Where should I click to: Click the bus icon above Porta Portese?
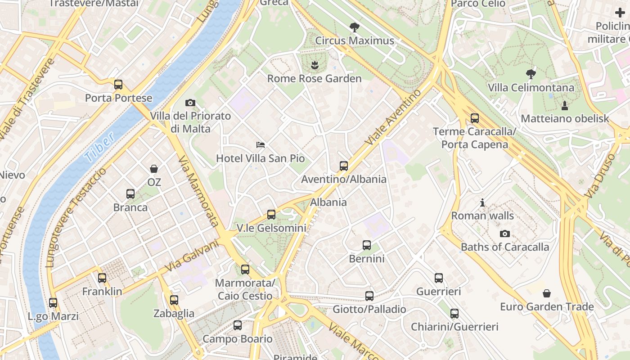(118, 84)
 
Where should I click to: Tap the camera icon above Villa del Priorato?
(190, 103)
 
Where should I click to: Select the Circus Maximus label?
(355, 41)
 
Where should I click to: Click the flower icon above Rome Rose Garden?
(315, 66)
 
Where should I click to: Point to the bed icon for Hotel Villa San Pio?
(261, 144)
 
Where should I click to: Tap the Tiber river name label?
(99, 148)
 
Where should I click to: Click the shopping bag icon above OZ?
(154, 169)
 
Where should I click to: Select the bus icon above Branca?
(130, 194)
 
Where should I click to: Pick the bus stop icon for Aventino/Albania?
(344, 166)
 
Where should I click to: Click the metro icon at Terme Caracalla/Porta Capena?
(475, 118)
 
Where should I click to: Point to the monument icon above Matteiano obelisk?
(565, 105)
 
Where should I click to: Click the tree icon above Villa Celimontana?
(531, 74)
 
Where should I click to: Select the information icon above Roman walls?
(482, 202)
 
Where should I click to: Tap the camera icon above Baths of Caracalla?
(505, 234)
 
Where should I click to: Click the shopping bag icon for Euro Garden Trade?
(547, 293)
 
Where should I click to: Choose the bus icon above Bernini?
(367, 245)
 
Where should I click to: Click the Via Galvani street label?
(192, 256)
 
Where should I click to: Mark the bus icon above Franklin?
(102, 278)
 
